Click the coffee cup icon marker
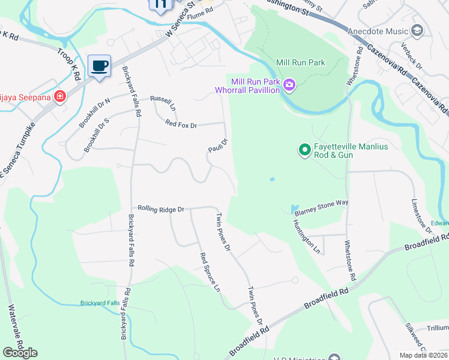pyautogui.click(x=100, y=65)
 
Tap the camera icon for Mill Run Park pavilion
pyautogui.click(x=289, y=85)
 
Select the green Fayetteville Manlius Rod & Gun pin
pyautogui.click(x=304, y=150)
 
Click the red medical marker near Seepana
pyautogui.click(x=59, y=97)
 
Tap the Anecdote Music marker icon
pyautogui.click(x=417, y=30)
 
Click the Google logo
pyautogui.click(x=20, y=353)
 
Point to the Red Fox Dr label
pyautogui.click(x=186, y=124)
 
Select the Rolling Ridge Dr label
pyautogui.click(x=160, y=209)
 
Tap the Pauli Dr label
pyautogui.click(x=218, y=146)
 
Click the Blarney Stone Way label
pyautogui.click(x=322, y=203)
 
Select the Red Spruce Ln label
pyautogui.click(x=211, y=272)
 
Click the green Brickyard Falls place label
pyautogui.click(x=100, y=303)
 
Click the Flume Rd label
pyautogui.click(x=200, y=10)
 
